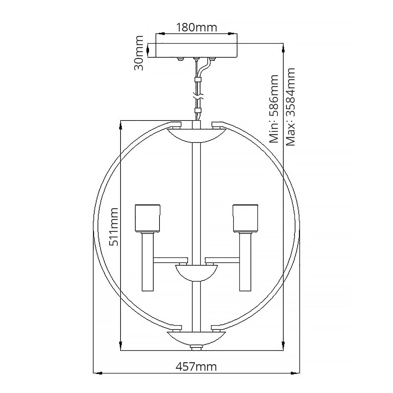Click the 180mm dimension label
pyautogui.click(x=196, y=28)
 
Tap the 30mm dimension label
pyautogui.click(x=139, y=53)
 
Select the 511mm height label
pyautogui.click(x=114, y=227)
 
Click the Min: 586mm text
pyautogui.click(x=274, y=109)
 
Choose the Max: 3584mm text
pyautogui.click(x=290, y=107)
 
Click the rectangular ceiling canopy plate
pyautogui.click(x=196, y=50)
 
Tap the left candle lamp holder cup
pyautogui.click(x=147, y=218)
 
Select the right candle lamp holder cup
pyautogui.click(x=245, y=218)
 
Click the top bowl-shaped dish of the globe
pyautogui.click(x=196, y=135)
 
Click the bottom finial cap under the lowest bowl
pyautogui.click(x=196, y=347)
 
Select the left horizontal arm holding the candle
pyautogui.click(x=171, y=260)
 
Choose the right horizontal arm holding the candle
pyautogui.click(x=222, y=260)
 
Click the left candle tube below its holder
pyautogui.click(x=147, y=262)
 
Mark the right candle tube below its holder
pyautogui.click(x=245, y=262)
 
